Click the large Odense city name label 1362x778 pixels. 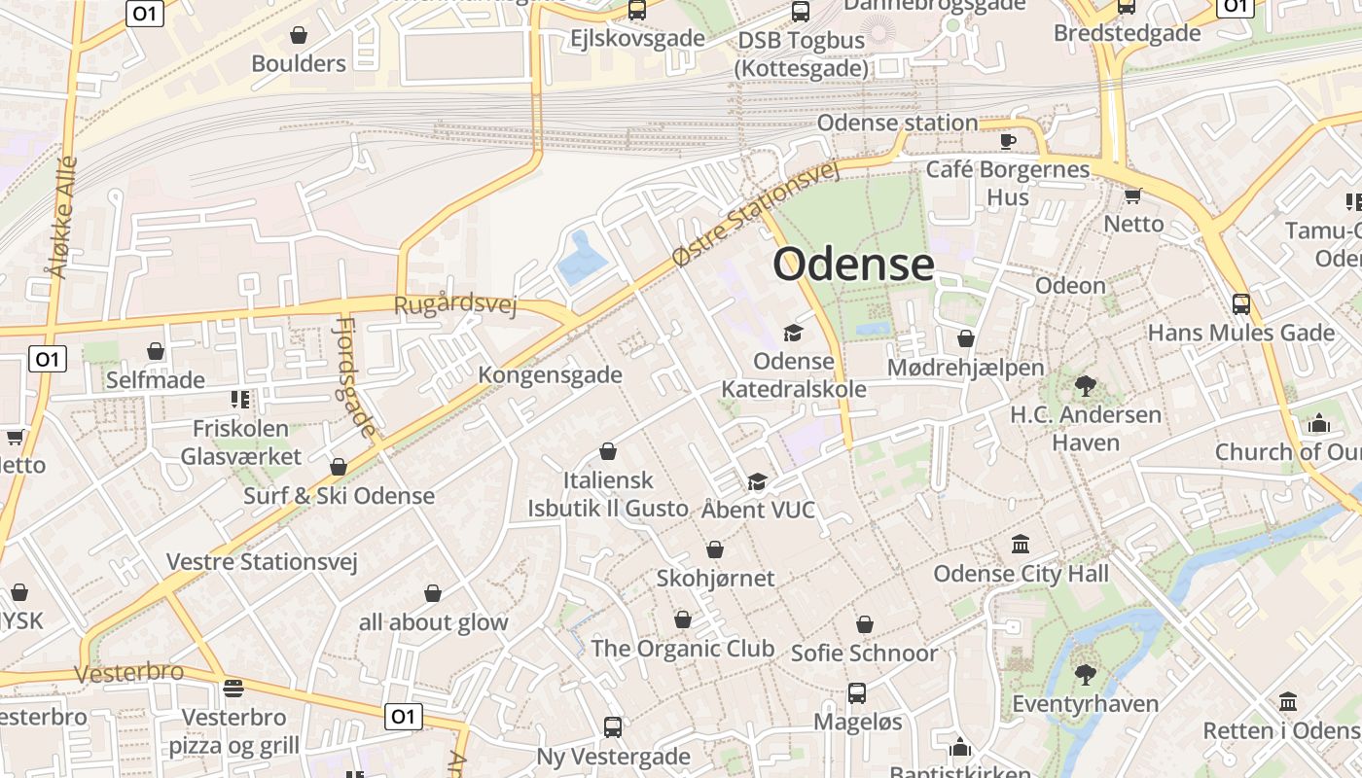853,264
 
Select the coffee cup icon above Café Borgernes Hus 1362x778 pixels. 1008,141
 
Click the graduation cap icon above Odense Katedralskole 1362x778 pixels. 793,334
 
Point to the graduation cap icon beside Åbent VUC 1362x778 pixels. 756,481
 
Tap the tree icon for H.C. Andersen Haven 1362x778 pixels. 1085,386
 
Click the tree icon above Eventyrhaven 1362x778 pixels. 1085,674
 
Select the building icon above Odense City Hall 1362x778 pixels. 1021,544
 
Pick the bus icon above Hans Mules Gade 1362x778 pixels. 1240,303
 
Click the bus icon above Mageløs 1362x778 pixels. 856,693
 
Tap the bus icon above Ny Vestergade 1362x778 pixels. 613,726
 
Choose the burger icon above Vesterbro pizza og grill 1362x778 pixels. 233,689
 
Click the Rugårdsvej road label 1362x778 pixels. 454,304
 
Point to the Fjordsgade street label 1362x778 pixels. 355,376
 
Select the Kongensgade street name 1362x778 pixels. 550,374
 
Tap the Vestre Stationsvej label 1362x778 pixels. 262,561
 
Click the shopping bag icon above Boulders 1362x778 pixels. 299,35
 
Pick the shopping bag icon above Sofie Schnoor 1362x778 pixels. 864,624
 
